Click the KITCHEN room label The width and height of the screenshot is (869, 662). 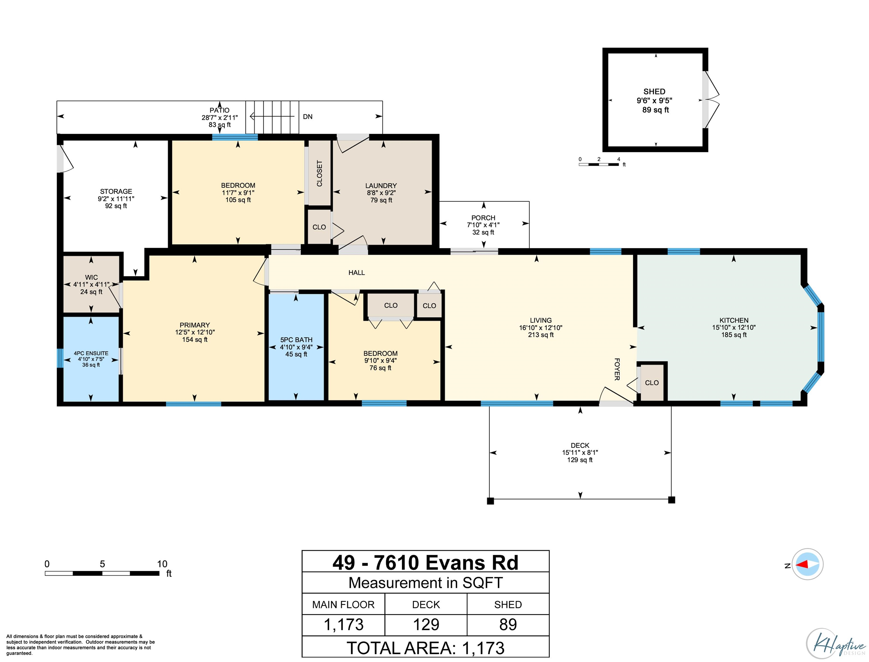[x=734, y=320]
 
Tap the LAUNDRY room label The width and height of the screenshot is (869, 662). [x=381, y=186]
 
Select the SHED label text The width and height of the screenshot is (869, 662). [x=654, y=91]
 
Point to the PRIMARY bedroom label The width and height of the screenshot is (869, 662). [x=195, y=325]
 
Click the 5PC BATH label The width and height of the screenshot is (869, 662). [x=296, y=340]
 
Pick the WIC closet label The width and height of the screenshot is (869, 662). [x=91, y=277]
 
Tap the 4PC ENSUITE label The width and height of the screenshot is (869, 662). [x=91, y=353]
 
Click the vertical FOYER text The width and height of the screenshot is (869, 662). [x=617, y=369]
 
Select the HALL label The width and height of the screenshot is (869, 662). [x=357, y=273]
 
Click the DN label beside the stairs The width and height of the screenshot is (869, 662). [x=307, y=117]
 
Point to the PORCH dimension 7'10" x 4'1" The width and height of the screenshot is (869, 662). [x=483, y=225]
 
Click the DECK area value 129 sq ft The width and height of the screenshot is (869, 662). [x=580, y=460]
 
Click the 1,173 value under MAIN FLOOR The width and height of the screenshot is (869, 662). [x=343, y=625]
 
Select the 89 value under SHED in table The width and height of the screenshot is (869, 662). [x=508, y=625]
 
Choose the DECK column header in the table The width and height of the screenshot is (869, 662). [x=426, y=605]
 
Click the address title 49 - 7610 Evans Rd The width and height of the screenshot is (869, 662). [x=425, y=562]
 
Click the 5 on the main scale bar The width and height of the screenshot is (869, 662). [x=102, y=564]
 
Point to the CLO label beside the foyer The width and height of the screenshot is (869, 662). [x=652, y=383]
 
